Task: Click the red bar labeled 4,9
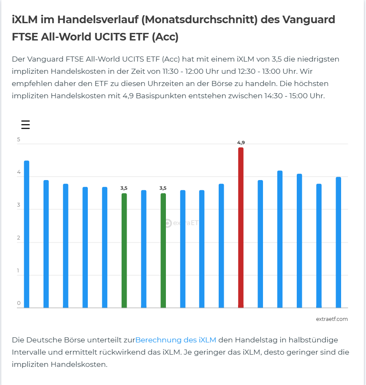point(241,228)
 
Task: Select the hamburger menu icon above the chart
point(25,125)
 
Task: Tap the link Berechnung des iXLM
point(176,340)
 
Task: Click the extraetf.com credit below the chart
point(332,319)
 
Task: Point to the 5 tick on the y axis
point(19,140)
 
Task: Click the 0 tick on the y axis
point(19,303)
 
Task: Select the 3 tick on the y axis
point(19,205)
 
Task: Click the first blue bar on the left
point(27,234)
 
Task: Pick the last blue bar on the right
point(338,242)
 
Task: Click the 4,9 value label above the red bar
point(241,143)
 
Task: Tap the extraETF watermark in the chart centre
point(182,223)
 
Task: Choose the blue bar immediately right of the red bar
point(260,244)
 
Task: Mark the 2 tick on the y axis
point(19,238)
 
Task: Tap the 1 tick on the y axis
point(19,271)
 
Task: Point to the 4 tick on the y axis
point(19,172)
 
